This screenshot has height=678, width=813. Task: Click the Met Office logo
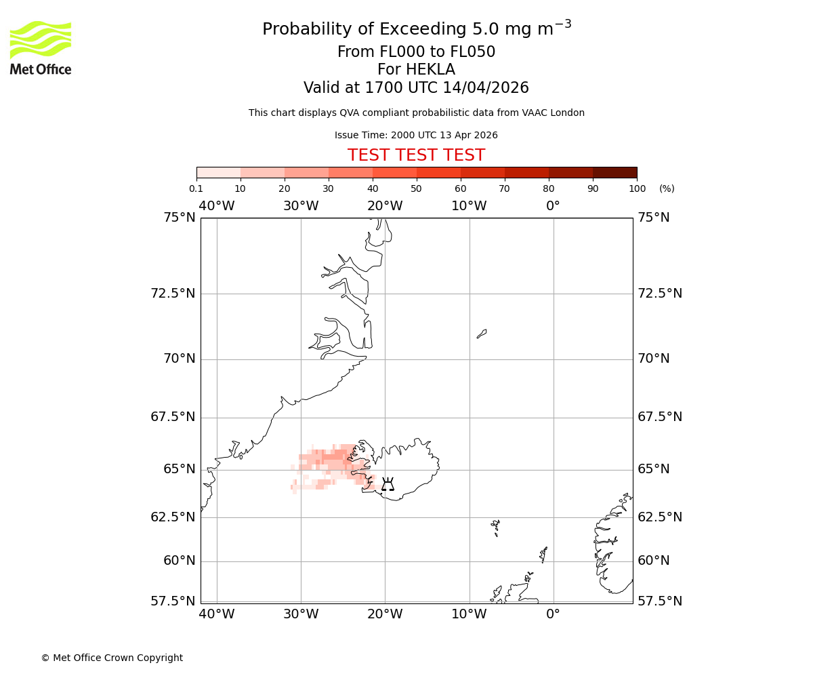(x=41, y=47)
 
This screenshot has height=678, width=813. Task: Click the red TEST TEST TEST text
(x=416, y=155)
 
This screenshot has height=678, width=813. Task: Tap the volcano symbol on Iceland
(x=388, y=484)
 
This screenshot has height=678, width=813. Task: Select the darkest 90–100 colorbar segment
(x=614, y=172)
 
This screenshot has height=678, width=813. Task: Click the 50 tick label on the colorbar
(x=416, y=188)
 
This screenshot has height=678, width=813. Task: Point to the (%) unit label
(x=667, y=188)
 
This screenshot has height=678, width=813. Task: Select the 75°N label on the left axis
(x=179, y=218)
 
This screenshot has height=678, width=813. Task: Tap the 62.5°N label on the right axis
(x=659, y=517)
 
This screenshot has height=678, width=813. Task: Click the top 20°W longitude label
(x=385, y=206)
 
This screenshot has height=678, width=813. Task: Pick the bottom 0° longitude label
(x=553, y=614)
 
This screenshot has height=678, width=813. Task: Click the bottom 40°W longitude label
(x=217, y=614)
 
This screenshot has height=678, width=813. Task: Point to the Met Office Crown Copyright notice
(x=112, y=658)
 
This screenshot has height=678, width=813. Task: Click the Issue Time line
(x=416, y=135)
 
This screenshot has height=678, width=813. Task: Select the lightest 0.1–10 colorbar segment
(x=219, y=172)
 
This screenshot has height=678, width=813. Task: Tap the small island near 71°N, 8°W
(x=482, y=333)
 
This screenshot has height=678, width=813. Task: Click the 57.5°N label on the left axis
(x=173, y=601)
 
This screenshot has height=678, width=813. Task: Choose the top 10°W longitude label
(x=469, y=206)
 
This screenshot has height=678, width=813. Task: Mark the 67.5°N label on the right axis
(x=659, y=417)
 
